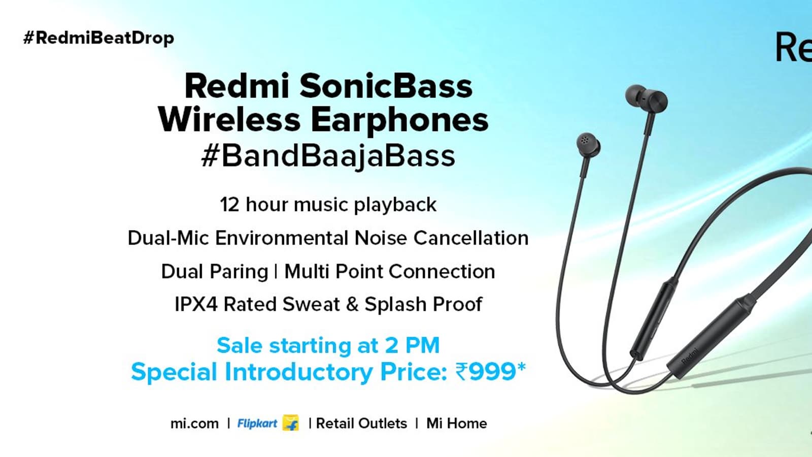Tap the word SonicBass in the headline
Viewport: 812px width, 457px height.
386,86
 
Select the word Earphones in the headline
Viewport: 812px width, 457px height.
399,120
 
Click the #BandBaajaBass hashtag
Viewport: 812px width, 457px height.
328,156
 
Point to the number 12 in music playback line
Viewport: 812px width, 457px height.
230,205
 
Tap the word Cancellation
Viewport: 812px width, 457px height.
471,238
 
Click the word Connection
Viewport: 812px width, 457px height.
442,271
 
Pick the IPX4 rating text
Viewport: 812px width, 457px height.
196,304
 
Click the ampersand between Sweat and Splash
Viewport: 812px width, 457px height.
352,304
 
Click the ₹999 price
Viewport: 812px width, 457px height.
491,371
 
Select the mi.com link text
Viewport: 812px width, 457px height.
195,423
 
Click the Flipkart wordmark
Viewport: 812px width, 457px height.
257,423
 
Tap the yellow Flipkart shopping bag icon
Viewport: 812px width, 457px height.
291,422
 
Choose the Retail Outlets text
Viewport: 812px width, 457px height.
361,423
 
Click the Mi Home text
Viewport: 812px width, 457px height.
456,423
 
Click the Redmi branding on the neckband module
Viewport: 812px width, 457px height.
690,356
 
